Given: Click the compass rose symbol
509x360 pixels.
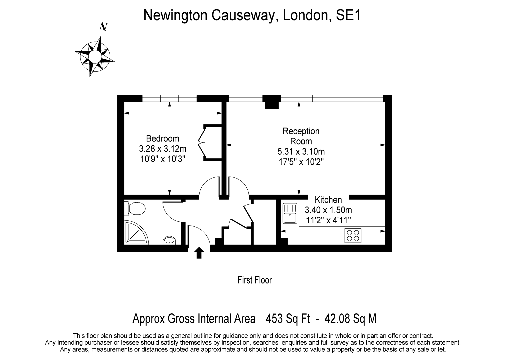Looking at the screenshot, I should pyautogui.click(x=95, y=56).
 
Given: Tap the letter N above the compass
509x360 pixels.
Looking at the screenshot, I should pyautogui.click(x=104, y=26).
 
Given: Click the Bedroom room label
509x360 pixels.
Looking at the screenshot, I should pyautogui.click(x=163, y=138).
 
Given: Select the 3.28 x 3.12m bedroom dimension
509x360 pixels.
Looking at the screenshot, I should pyautogui.click(x=163, y=149).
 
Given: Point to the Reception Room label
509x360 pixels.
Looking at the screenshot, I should pyautogui.click(x=301, y=136).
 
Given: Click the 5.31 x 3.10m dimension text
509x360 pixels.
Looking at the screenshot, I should pyautogui.click(x=301, y=152).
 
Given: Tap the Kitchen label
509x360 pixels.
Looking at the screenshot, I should pyautogui.click(x=328, y=200).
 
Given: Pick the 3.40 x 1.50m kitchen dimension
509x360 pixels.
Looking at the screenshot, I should pyautogui.click(x=328, y=210).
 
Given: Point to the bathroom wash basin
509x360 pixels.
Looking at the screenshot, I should pyautogui.click(x=169, y=240).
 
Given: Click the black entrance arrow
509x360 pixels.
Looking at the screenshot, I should pyautogui.click(x=199, y=253).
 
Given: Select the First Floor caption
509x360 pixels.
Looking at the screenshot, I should pyautogui.click(x=255, y=280).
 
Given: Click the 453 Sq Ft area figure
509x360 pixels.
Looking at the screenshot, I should pyautogui.click(x=288, y=319).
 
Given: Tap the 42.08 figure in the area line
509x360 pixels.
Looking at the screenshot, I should pyautogui.click(x=338, y=319).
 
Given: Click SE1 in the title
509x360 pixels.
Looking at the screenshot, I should pyautogui.click(x=348, y=15).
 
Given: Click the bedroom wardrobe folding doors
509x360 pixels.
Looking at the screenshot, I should pyautogui.click(x=201, y=143).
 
